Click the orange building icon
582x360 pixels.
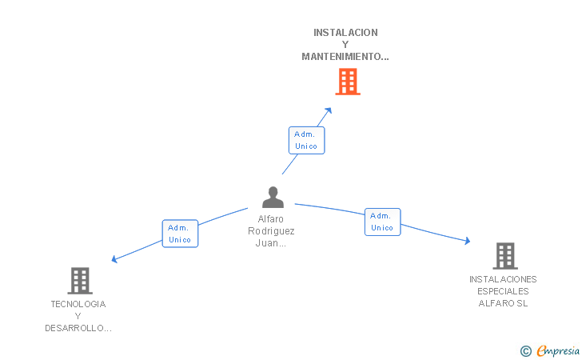pyautogui.click(x=348, y=82)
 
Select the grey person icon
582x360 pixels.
pyautogui.click(x=273, y=197)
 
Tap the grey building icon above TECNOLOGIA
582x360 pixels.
pyautogui.click(x=80, y=281)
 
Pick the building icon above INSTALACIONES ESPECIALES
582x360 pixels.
pyautogui.click(x=505, y=256)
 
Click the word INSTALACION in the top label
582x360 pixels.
pyautogui.click(x=345, y=33)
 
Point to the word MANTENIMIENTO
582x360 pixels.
pyautogui.click(x=342, y=57)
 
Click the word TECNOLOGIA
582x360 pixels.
pyautogui.click(x=78, y=304)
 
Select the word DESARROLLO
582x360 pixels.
pyautogui.click(x=74, y=328)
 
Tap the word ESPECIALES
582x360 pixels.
pyautogui.click(x=503, y=291)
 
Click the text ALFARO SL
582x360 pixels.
pyautogui.click(x=503, y=303)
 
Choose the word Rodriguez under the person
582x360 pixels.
pyautogui.click(x=271, y=231)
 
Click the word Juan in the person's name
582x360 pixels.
pyautogui.click(x=266, y=243)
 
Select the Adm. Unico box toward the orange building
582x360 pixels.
pyautogui.click(x=307, y=141)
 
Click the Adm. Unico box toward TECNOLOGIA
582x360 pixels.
pyautogui.click(x=180, y=234)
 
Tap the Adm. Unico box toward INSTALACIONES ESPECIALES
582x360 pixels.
pyautogui.click(x=383, y=222)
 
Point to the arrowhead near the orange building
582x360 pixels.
pyautogui.click(x=329, y=110)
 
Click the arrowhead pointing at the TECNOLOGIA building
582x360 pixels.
pyautogui.click(x=114, y=259)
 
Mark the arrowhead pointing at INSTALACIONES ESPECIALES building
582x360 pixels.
pyautogui.click(x=468, y=241)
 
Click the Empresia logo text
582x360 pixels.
pyautogui.click(x=558, y=350)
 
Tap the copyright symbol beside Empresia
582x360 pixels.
pyautogui.click(x=526, y=351)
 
